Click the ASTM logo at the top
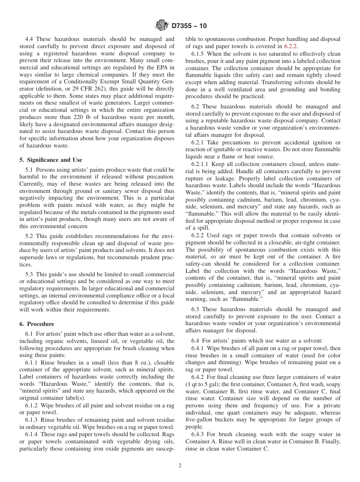click(x=162, y=26)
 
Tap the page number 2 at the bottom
click(x=180, y=466)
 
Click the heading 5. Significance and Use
click(x=51, y=160)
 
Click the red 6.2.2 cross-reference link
click(x=291, y=46)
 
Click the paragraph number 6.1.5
click(x=198, y=54)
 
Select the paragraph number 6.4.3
click(x=198, y=434)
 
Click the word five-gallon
click(x=201, y=419)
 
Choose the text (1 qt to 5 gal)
click(x=203, y=384)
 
